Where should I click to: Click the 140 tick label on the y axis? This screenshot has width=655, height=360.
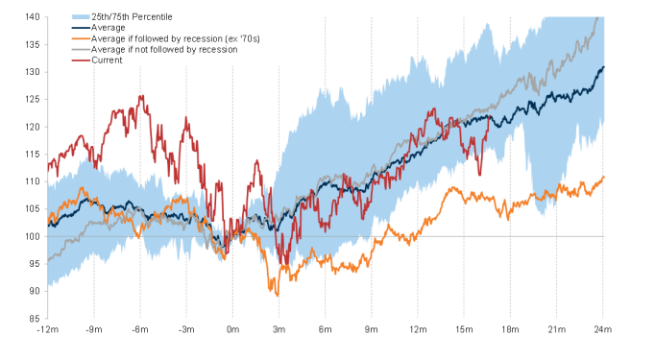coord(32,17)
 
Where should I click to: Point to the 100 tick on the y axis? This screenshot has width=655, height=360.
coord(32,236)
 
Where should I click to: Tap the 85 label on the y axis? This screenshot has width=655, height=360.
coord(35,319)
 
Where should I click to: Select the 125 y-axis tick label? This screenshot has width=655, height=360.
coord(32,100)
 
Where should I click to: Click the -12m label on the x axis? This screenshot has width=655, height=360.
coord(48,329)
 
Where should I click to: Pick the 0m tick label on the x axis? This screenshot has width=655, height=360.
coord(232,329)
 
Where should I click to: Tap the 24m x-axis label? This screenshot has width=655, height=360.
coord(602,329)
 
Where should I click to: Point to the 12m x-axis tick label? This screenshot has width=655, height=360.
coord(418,329)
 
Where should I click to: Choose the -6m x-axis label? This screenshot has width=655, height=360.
coord(140,329)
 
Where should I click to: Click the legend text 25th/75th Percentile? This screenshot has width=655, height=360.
coord(132,16)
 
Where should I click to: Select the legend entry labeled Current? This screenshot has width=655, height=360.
coord(107,60)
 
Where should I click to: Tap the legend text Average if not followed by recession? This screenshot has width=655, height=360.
coord(164,49)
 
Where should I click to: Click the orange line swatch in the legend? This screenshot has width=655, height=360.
coord(81,38)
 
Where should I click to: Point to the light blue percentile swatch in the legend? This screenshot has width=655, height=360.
coord(81,17)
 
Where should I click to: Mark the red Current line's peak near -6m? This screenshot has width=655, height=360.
coord(141,96)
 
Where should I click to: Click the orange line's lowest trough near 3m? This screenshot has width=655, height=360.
coord(278,296)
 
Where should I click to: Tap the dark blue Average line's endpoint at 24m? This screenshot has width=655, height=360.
coord(604,67)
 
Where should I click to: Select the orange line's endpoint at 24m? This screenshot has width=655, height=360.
coord(604,177)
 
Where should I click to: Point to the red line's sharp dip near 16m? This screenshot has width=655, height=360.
coord(479,175)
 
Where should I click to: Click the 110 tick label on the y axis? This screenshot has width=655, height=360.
coord(32,181)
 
